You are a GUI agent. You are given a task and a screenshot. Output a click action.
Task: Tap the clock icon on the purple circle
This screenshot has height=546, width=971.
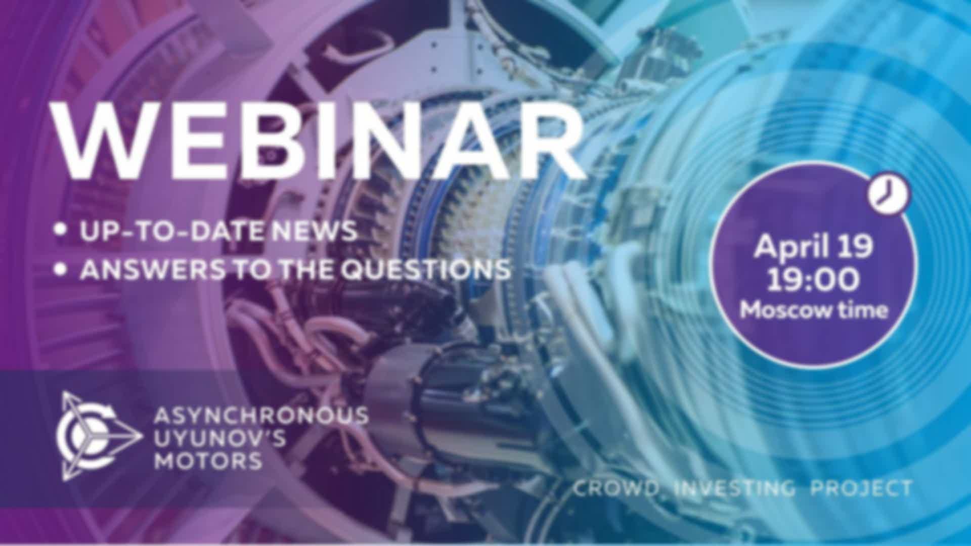point(889,195)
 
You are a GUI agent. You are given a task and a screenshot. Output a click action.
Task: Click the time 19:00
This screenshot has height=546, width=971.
point(813,280)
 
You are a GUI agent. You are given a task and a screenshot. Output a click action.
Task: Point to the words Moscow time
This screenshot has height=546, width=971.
point(814,310)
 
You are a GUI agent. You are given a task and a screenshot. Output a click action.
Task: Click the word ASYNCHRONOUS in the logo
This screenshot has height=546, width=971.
point(261,416)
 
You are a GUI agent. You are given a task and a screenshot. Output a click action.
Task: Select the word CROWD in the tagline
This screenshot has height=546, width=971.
point(616,488)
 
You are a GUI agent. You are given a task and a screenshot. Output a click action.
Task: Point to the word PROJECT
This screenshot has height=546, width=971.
point(861,488)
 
